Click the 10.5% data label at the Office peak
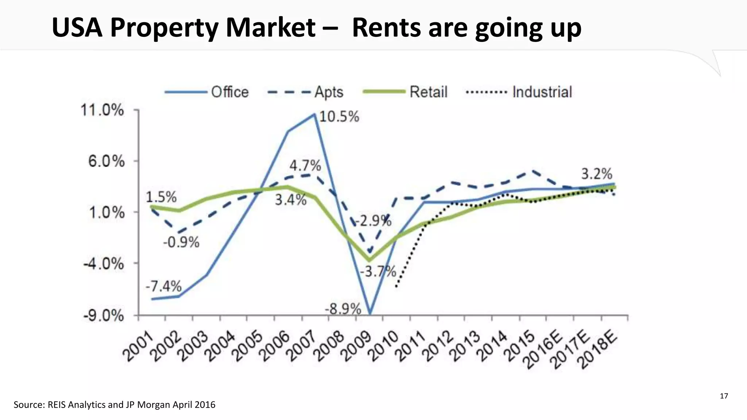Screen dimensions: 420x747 click(x=339, y=117)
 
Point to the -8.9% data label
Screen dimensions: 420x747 click(x=343, y=310)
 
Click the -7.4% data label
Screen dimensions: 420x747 click(x=163, y=287)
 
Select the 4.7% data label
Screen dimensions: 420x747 click(x=305, y=166)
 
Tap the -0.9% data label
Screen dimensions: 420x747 click(x=181, y=242)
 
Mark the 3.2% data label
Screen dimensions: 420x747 click(x=596, y=174)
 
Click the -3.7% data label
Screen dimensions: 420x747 click(x=378, y=272)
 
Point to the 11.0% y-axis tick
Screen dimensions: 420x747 click(x=102, y=110)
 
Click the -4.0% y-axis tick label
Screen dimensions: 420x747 click(x=104, y=263)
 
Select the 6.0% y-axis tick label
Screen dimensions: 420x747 click(x=106, y=161)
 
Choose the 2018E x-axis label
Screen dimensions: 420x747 click(x=598, y=349)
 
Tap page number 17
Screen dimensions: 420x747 click(x=724, y=396)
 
